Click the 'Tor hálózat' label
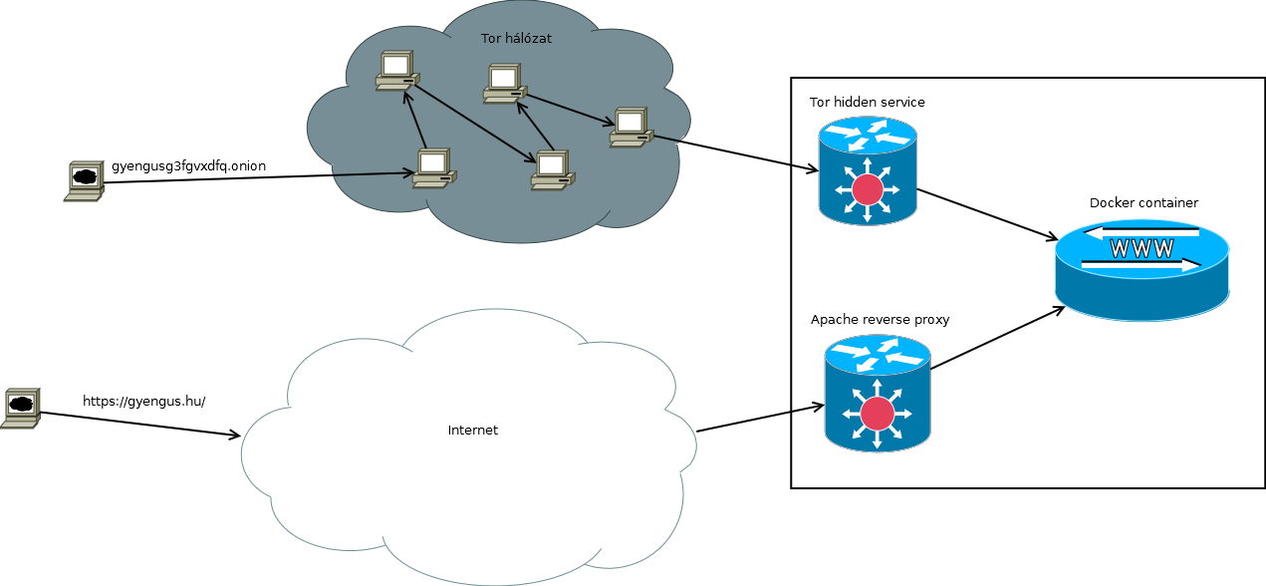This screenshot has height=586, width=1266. coord(516,39)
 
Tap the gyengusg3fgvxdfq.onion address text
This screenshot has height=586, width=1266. coord(188,165)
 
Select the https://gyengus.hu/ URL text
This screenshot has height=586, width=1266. coord(143,402)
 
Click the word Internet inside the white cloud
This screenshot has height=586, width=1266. coord(472,431)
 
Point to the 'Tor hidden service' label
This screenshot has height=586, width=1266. coord(867,103)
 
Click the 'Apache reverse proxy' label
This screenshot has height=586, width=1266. coord(880,320)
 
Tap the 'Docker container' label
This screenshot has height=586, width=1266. coord(1143,203)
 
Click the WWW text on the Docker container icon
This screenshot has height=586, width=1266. coord(1141,249)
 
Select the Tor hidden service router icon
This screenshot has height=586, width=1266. coord(868,171)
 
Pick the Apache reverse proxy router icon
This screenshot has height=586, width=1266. coord(877,392)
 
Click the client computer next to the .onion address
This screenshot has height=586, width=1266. coord(84,181)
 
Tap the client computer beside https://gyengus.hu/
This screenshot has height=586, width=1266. coord(20,408)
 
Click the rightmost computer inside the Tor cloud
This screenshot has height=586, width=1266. coord(631,128)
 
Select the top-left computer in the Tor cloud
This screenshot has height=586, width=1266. coord(396,71)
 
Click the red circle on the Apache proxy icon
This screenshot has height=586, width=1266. coord(877,413)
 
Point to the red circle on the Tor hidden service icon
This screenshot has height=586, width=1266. coord(868,189)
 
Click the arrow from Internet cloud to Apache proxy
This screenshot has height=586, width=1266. coord(760,419)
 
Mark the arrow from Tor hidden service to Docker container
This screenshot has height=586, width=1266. coord(986,214)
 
